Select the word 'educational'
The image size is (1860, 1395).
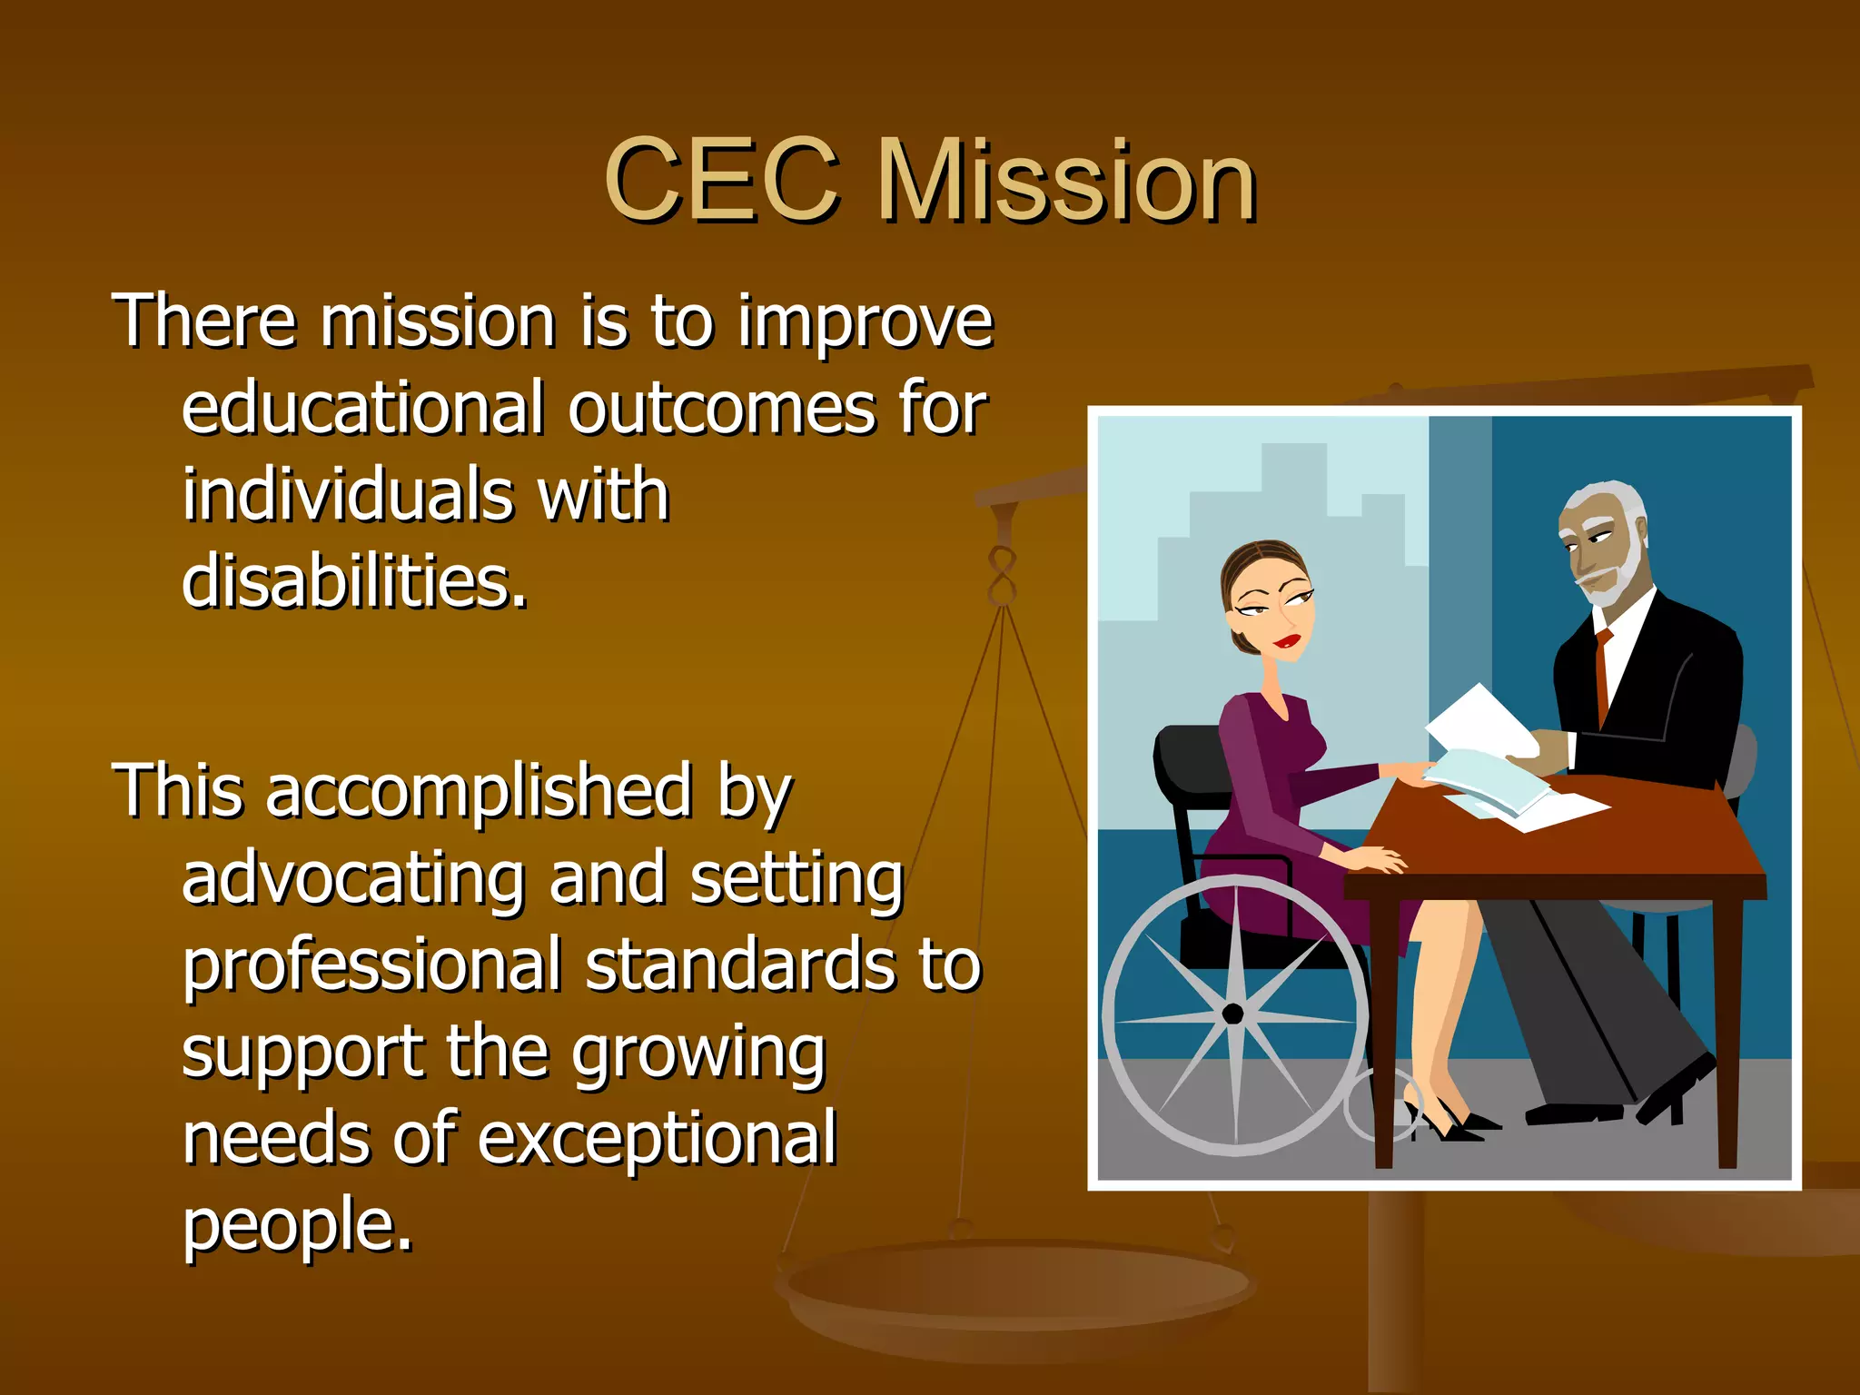click(362, 410)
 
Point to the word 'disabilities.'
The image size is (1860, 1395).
click(354, 581)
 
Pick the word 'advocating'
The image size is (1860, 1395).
click(353, 878)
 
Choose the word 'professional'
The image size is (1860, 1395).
click(371, 965)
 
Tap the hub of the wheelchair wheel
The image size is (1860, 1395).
click(1232, 1014)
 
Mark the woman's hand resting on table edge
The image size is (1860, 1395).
click(1376, 858)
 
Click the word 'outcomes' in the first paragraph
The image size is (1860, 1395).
click(722, 410)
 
